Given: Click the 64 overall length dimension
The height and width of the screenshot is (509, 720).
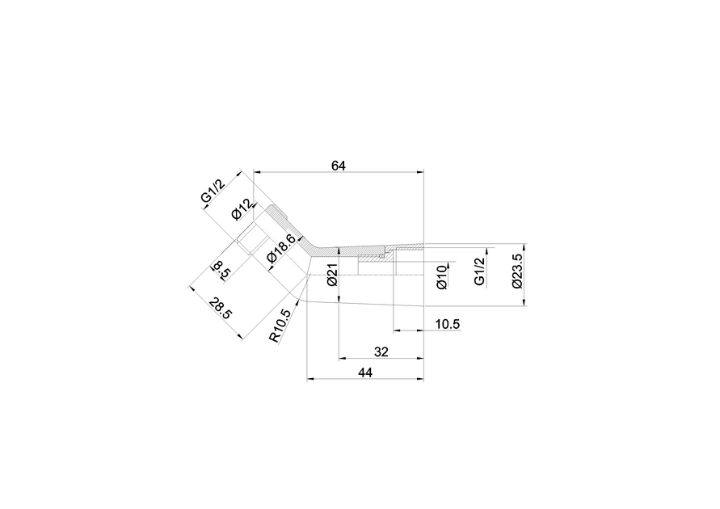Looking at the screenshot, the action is click(x=339, y=166).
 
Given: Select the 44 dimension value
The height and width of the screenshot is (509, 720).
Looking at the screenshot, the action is click(x=365, y=372).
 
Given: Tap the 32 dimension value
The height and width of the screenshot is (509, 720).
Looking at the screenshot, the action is click(x=381, y=352).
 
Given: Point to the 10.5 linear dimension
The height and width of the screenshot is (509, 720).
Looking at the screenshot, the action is click(x=447, y=324).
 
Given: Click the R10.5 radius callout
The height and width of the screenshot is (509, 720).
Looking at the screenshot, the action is click(x=280, y=326).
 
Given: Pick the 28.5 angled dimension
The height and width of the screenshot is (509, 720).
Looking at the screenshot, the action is click(x=221, y=309).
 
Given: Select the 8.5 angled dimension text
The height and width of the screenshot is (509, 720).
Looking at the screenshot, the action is click(x=221, y=271).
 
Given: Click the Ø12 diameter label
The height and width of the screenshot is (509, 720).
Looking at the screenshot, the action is click(x=242, y=209).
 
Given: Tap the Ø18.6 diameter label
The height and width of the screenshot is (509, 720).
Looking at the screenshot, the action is click(x=281, y=248).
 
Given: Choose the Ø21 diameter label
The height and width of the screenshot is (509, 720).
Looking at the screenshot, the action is click(x=332, y=275).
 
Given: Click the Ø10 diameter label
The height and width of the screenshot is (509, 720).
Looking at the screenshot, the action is click(x=442, y=277).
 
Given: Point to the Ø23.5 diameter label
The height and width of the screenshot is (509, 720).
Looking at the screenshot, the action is click(x=517, y=271).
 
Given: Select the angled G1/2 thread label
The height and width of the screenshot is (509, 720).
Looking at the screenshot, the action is click(x=213, y=191).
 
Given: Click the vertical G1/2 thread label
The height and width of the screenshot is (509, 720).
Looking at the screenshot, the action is click(x=479, y=271).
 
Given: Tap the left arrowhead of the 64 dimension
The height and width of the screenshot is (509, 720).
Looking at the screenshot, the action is click(x=257, y=172).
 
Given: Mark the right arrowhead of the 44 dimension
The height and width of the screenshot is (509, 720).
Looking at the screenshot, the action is click(x=419, y=379).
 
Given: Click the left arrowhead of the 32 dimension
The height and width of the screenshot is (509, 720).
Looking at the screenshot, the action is click(x=343, y=359).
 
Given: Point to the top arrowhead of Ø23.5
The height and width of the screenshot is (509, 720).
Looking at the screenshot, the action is click(x=524, y=248).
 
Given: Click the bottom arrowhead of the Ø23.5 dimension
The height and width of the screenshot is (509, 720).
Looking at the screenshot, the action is click(x=524, y=301).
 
